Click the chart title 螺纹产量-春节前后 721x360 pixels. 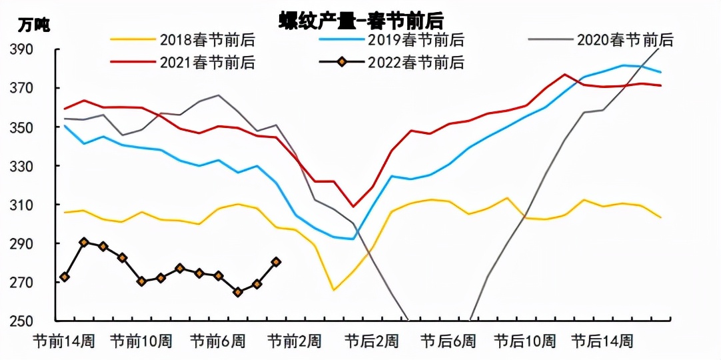(360, 19)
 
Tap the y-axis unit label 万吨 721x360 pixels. (33, 26)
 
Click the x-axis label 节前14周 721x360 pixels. (64, 341)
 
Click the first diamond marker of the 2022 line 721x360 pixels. (65, 277)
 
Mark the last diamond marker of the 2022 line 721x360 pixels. (276, 262)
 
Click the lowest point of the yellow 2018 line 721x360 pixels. (334, 290)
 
